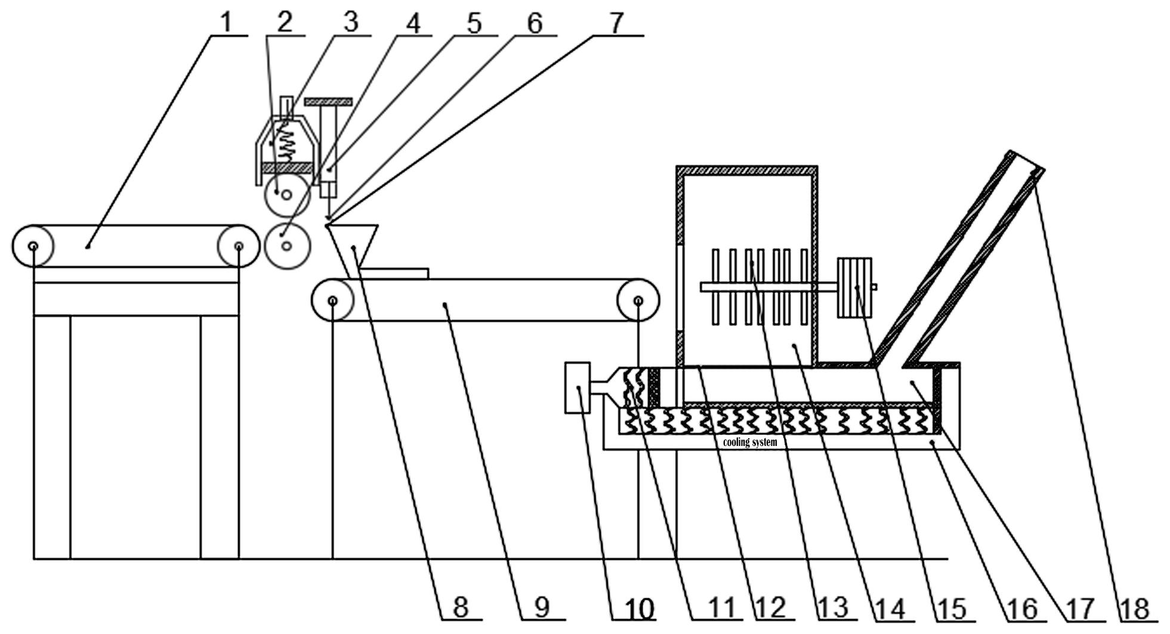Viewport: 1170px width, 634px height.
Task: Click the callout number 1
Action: pyautogui.click(x=225, y=22)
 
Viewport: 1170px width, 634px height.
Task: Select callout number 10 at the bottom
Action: pyautogui.click(x=639, y=608)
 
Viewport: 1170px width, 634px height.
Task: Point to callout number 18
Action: pyautogui.click(x=1135, y=609)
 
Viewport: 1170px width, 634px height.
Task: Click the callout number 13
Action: pyautogui.click(x=834, y=608)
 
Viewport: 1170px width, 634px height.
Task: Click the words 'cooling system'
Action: pyautogui.click(x=750, y=442)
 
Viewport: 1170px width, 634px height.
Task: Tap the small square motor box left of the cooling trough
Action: pyautogui.click(x=578, y=387)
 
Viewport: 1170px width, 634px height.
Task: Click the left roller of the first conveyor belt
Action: pyautogui.click(x=33, y=246)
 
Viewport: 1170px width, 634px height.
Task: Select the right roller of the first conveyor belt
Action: pyautogui.click(x=238, y=246)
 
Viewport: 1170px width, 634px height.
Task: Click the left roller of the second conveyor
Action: pyautogui.click(x=332, y=300)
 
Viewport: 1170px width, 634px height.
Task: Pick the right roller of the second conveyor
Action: pyautogui.click(x=638, y=300)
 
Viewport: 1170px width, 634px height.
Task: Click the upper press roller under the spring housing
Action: pyautogui.click(x=287, y=195)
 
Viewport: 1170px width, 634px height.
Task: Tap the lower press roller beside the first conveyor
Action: pyautogui.click(x=288, y=245)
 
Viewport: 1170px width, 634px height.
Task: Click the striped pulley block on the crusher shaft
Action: pyautogui.click(x=854, y=287)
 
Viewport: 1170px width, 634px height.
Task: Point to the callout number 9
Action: pyautogui.click(x=541, y=608)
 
